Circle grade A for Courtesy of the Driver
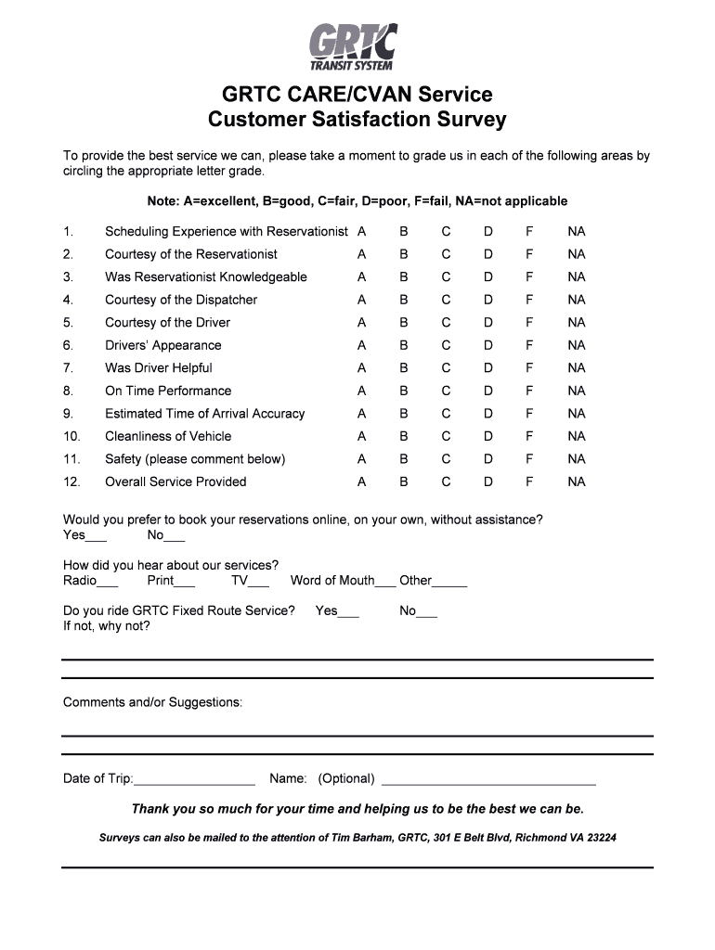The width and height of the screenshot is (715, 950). click(x=361, y=323)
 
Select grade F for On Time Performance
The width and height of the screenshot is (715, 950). click(x=529, y=392)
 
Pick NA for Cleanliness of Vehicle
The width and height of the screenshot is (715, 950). click(x=577, y=437)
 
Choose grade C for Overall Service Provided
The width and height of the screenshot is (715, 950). click(x=446, y=482)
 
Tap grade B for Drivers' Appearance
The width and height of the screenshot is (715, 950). click(x=404, y=346)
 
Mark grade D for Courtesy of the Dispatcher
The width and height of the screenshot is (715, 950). click(x=487, y=301)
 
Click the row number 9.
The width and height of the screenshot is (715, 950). click(x=68, y=414)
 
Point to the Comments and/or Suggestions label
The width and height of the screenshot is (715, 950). click(x=152, y=702)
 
